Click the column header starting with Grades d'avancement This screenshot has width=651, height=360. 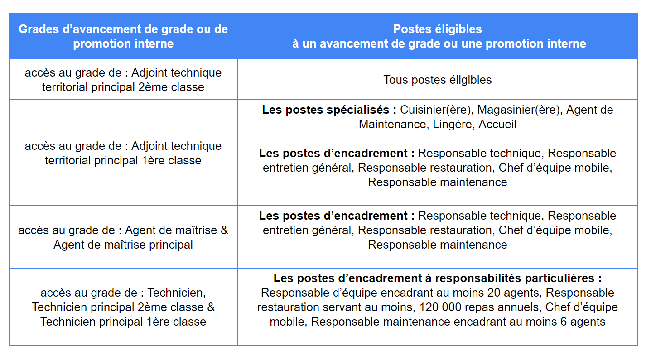coord(123,36)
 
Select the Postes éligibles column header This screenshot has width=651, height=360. coord(438,36)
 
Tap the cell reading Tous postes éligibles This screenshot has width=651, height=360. coord(438,80)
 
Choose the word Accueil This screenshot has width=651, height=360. coord(497,125)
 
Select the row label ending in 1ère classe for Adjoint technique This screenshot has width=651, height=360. coord(123,153)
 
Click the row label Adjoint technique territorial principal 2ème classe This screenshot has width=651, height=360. coord(123,80)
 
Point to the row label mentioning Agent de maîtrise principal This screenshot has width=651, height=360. coord(123,237)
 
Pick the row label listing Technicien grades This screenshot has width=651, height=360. coord(123,307)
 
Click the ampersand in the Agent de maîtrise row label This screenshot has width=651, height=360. coord(224,230)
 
